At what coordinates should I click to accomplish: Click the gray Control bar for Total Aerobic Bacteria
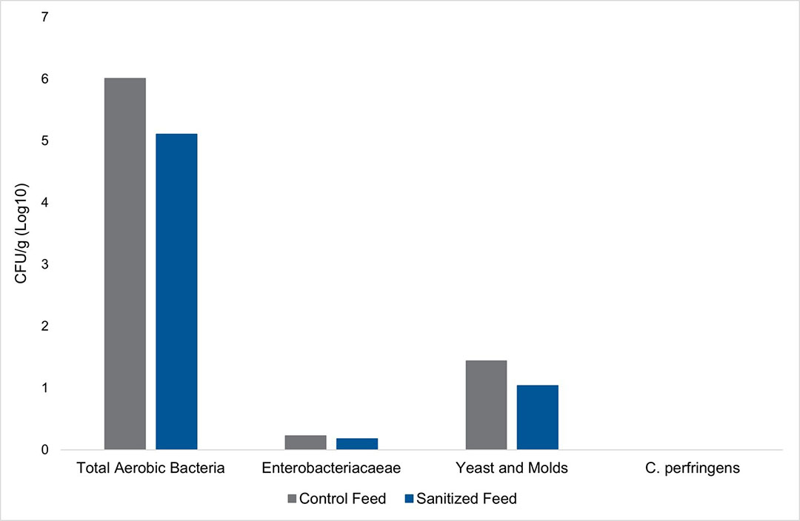pos(125,263)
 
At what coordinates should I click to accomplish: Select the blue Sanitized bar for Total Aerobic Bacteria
pos(176,292)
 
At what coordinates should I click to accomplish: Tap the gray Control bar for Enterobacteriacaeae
pos(306,443)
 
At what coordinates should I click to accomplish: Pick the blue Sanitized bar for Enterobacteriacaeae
pos(357,444)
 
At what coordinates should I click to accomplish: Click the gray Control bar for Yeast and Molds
pos(486,405)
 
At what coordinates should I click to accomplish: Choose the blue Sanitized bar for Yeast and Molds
pos(538,417)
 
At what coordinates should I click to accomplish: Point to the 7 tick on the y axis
pos(45,17)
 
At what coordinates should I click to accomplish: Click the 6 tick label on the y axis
pos(45,79)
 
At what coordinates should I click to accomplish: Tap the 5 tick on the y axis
pos(45,141)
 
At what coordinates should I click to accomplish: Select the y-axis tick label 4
pos(45,203)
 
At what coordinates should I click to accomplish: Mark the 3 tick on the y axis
pos(45,265)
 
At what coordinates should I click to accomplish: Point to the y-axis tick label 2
pos(45,326)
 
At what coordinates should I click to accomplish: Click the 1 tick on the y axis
pos(45,389)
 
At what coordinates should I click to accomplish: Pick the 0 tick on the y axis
pos(45,450)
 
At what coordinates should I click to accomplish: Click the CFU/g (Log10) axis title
pos(21,233)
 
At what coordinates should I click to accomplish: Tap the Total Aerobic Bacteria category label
pos(150,468)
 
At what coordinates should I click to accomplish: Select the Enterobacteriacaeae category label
pos(331,468)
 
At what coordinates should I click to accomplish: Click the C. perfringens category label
pos(693,468)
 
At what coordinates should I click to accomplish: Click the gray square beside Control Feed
pos(292,499)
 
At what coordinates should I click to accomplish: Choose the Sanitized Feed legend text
pos(467,499)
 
